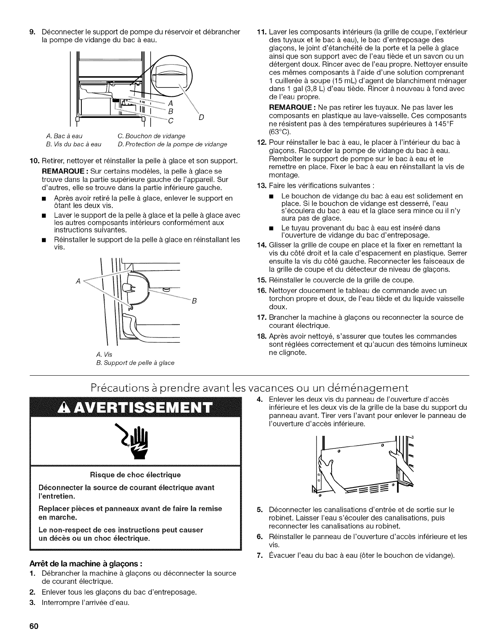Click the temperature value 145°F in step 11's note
tap(452, 124)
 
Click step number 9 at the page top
tap(31, 32)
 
